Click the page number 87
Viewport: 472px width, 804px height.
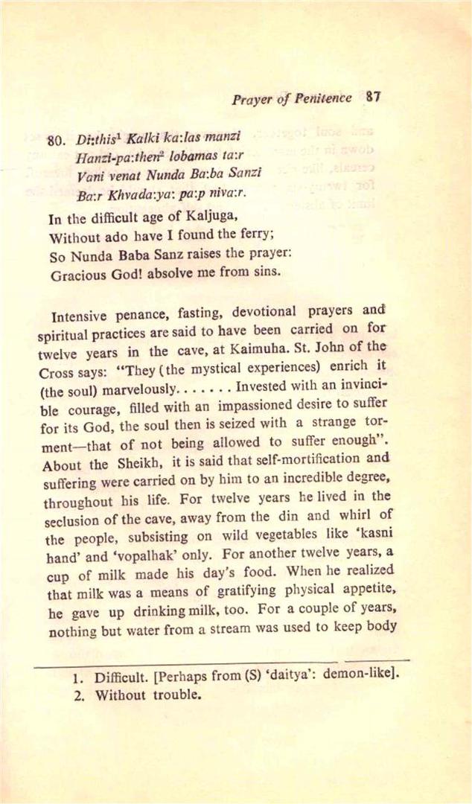(374, 96)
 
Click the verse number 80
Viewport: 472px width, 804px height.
(57, 140)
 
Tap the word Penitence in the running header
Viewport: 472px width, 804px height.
(323, 98)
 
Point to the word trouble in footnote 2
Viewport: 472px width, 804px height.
(176, 697)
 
